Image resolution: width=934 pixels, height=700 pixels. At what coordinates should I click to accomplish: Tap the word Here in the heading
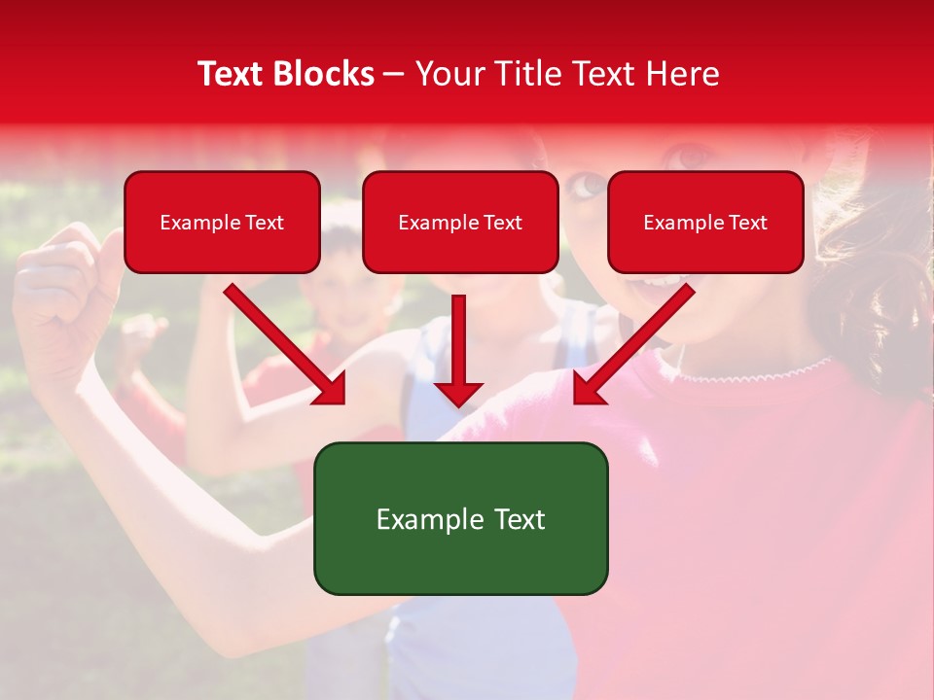pos(683,74)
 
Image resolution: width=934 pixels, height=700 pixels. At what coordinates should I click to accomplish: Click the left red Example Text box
pos(222,223)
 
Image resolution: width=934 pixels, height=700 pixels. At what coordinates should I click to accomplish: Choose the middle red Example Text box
pos(460,223)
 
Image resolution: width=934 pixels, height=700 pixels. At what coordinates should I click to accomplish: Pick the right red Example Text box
pos(705,223)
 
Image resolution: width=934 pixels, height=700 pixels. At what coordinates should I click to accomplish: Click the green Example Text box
pos(460,518)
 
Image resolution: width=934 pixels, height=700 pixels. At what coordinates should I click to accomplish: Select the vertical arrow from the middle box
pos(458,350)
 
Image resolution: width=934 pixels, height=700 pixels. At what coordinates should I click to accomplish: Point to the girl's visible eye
pos(587,183)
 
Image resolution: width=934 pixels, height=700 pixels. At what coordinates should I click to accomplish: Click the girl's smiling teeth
pos(662,281)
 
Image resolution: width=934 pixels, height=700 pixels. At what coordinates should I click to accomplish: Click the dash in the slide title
pos(394,74)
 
